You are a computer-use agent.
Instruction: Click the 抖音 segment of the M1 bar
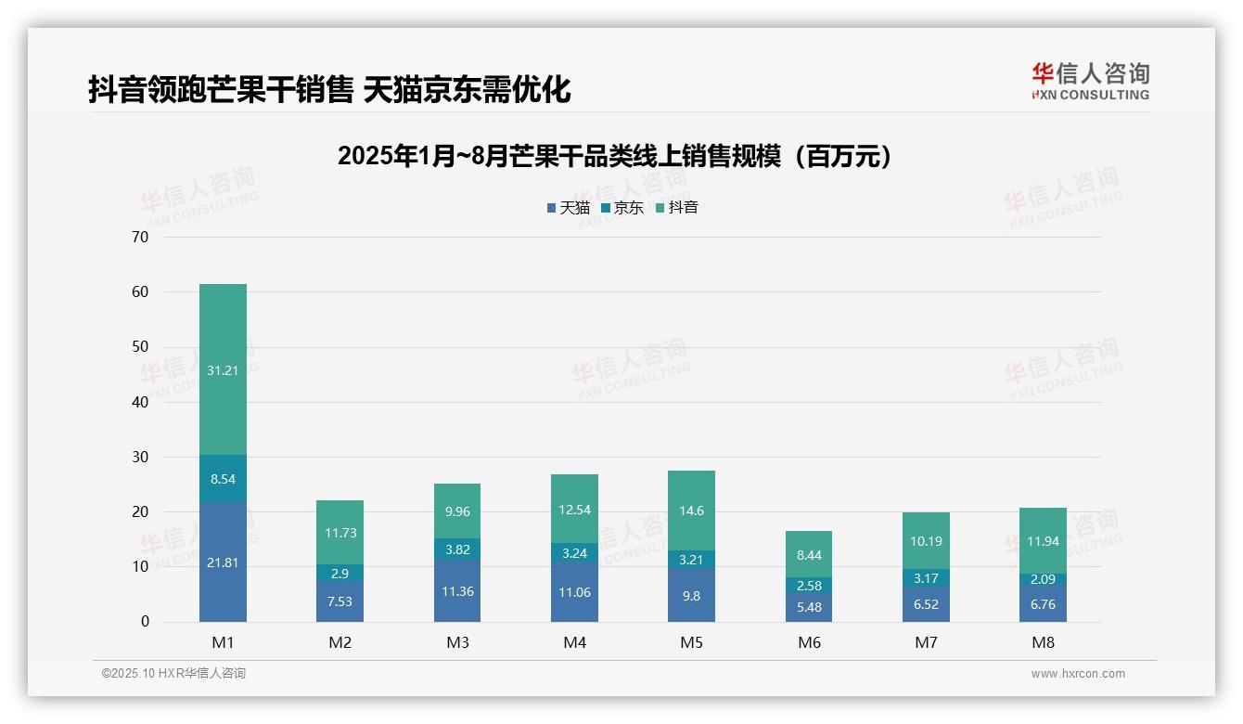pos(223,369)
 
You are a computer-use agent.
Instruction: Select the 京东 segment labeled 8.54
pos(223,480)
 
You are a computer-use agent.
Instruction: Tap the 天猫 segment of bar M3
pos(457,591)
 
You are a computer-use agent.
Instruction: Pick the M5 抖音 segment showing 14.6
pos(691,510)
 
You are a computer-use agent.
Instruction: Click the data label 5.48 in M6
pos(809,607)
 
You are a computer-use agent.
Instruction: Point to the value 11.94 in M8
pos(1043,541)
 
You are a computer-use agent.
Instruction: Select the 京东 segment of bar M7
pos(926,578)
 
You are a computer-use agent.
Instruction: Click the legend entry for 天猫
pos(568,208)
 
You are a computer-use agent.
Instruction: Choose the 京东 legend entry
pos(622,208)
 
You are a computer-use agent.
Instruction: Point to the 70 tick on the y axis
pos(140,237)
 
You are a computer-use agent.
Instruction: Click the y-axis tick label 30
pos(140,457)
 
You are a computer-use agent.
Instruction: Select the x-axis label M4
pos(574,642)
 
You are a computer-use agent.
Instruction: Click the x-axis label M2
pos(340,642)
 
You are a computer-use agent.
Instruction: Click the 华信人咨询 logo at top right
pos(1090,82)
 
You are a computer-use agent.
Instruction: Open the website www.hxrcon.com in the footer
pos(1078,674)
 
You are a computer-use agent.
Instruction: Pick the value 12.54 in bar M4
pos(574,509)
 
